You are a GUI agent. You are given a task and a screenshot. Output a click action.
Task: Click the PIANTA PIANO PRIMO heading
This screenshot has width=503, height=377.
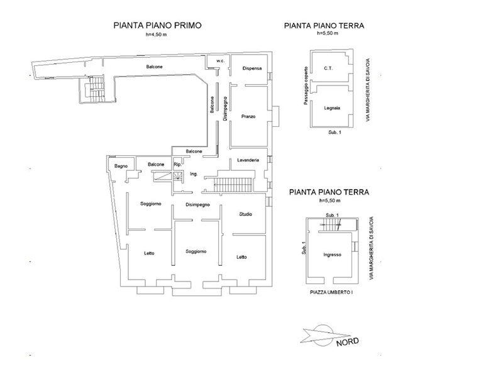pos(158,25)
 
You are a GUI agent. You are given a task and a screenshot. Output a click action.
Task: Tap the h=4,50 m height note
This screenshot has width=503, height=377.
pos(156,35)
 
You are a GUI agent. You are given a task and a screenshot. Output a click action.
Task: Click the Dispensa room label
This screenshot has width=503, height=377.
pos(252,68)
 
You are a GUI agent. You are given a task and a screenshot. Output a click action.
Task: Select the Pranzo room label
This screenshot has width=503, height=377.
pos(248,116)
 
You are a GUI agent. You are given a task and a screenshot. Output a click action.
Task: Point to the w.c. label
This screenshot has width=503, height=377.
pos(221,61)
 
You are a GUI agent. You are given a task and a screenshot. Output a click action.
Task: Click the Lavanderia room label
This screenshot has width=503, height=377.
pos(248,160)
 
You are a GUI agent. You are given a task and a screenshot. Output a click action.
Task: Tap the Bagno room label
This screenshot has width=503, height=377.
pos(121,166)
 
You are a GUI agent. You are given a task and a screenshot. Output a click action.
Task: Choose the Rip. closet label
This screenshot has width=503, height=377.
pos(177,165)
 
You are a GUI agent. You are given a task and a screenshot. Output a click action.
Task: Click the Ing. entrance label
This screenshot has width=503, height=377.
pos(194,174)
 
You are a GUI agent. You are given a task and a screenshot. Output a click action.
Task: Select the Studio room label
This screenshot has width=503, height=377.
pos(246,214)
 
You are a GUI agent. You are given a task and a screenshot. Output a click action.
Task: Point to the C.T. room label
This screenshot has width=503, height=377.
pos(328,68)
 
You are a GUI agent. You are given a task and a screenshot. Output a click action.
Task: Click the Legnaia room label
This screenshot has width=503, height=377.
pos(332,108)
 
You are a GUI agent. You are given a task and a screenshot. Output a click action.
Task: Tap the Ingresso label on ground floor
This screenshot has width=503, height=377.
pos(333,255)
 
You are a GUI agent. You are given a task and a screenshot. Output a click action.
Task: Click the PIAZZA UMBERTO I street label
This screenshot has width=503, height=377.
pos(332,292)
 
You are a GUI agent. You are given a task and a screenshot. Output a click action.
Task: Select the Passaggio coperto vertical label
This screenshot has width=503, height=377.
pos(306,85)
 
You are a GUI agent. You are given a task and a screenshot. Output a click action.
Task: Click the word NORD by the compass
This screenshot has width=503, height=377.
pos(348,342)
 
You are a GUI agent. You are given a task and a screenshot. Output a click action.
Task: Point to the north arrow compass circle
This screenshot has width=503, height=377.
pos(323,325)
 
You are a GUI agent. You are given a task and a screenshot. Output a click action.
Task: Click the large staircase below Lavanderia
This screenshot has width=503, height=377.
pos(233,185)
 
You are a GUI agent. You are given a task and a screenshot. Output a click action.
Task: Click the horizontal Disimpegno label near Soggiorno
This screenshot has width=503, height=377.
pos(197,205)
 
